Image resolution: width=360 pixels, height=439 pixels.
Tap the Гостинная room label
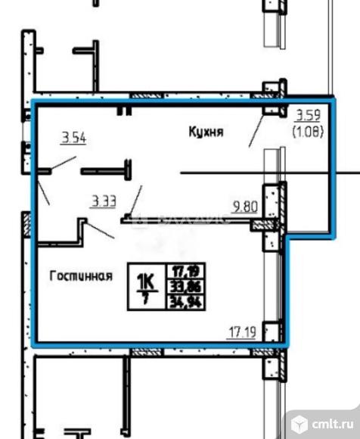coord(81,276)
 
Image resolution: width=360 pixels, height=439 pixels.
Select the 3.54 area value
coord(73,137)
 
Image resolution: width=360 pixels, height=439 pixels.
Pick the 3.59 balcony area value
coord(307,116)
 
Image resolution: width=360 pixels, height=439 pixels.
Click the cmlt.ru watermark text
coord(332,420)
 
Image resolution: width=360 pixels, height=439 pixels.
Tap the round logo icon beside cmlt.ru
coord(300,419)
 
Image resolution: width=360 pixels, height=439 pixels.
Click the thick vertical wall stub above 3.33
coord(128,170)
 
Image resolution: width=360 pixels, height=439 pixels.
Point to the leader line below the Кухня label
coord(256,133)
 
